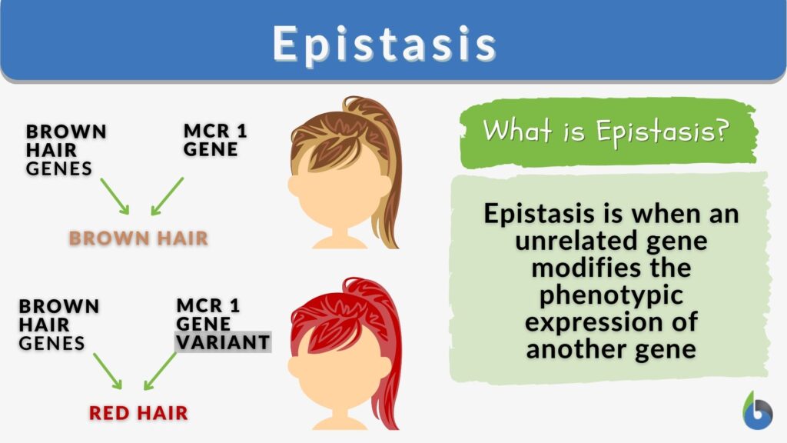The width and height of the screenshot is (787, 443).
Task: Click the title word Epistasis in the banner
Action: click(384, 44)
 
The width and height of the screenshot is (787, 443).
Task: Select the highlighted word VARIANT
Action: click(223, 342)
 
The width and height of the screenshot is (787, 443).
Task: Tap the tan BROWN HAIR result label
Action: click(138, 238)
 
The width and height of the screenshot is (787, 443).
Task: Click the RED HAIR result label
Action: click(138, 413)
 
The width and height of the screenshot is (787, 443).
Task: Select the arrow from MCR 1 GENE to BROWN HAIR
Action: click(168, 196)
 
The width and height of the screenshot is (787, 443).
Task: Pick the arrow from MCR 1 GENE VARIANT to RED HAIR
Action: click(161, 371)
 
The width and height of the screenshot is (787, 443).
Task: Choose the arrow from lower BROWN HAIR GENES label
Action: click(108, 371)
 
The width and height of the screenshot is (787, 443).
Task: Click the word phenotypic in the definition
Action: click(609, 296)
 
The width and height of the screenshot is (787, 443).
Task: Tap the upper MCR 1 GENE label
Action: click(215, 139)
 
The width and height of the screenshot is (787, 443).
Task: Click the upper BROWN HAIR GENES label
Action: click(65, 149)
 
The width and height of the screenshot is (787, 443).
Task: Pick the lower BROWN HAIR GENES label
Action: click(58, 324)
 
